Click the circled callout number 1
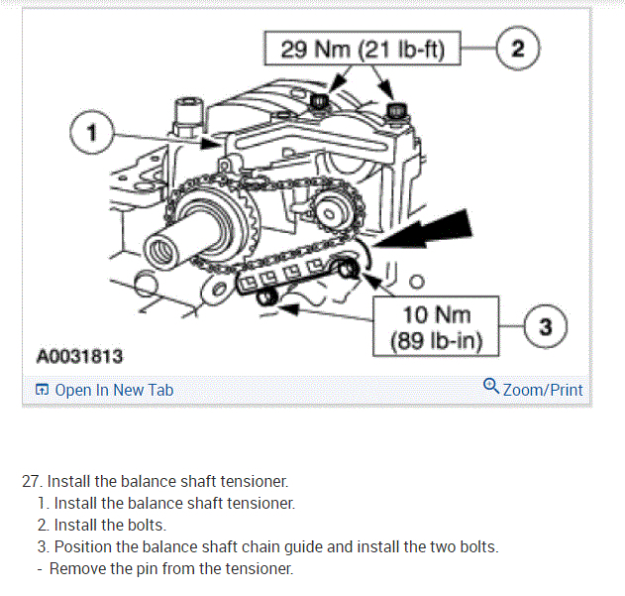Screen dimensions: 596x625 [90, 133]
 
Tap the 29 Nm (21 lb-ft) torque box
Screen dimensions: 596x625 [364, 48]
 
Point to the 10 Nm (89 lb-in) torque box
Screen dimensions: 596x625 [437, 326]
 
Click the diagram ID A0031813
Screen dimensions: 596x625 [79, 355]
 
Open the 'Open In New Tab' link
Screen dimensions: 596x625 [114, 390]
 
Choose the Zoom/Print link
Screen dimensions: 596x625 [543, 390]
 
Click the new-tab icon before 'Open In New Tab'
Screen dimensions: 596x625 [42, 390]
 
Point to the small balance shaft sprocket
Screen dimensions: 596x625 [329, 212]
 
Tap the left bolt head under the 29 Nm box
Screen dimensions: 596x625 [319, 101]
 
